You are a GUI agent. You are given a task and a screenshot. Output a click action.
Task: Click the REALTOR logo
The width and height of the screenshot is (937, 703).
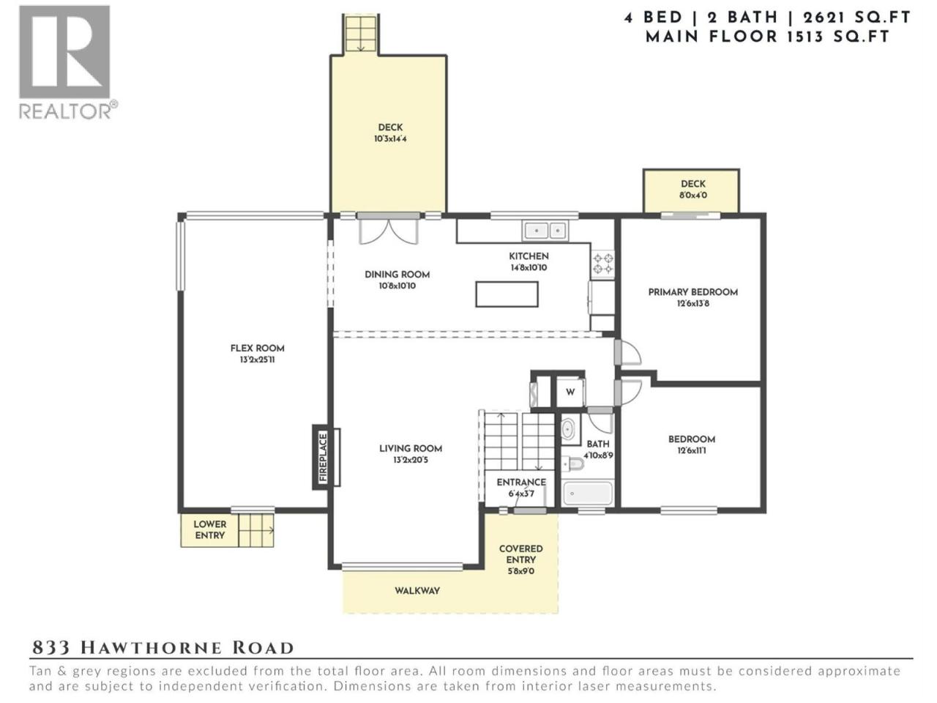[x=68, y=62]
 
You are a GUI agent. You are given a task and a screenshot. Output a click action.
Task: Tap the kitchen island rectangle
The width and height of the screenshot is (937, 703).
[x=507, y=294]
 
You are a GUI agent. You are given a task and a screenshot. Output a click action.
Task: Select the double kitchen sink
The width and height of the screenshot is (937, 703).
[x=545, y=231]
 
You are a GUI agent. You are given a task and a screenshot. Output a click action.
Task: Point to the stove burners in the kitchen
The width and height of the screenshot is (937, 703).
[x=602, y=264]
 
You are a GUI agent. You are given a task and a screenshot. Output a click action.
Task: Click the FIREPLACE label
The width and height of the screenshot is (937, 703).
[x=323, y=457]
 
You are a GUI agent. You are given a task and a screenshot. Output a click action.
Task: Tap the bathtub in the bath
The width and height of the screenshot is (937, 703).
[x=588, y=494]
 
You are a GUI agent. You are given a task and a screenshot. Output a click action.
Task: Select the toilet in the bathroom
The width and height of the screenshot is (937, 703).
[x=573, y=463]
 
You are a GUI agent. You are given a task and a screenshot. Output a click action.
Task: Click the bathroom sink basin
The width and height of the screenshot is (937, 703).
[x=567, y=429]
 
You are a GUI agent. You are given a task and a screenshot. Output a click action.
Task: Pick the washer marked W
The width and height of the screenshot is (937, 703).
[x=570, y=392]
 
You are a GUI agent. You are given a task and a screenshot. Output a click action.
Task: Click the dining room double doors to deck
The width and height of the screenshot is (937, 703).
[x=388, y=230]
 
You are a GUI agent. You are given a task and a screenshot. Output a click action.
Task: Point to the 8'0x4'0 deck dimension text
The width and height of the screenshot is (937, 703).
[x=693, y=195]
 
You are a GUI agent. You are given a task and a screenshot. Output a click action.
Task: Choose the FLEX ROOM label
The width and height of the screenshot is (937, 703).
[x=257, y=348]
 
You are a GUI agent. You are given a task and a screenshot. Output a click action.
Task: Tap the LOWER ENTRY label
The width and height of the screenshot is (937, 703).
[x=209, y=529]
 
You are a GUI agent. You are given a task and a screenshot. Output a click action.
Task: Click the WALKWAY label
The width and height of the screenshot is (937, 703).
[x=417, y=591]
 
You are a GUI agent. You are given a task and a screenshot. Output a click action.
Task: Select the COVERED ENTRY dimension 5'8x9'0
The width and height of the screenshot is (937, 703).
[x=520, y=571]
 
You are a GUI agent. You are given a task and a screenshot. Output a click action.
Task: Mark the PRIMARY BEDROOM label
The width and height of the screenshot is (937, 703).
[x=693, y=292]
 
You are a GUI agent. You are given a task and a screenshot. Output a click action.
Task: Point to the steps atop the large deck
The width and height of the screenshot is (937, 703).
[x=360, y=33]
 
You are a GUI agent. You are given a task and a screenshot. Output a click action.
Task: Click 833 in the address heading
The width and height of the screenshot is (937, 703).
[x=51, y=648]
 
